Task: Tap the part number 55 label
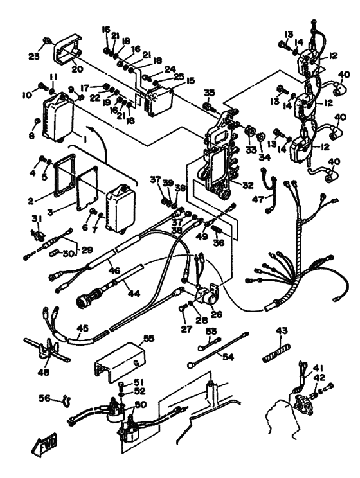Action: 148,338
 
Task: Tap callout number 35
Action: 208,93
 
